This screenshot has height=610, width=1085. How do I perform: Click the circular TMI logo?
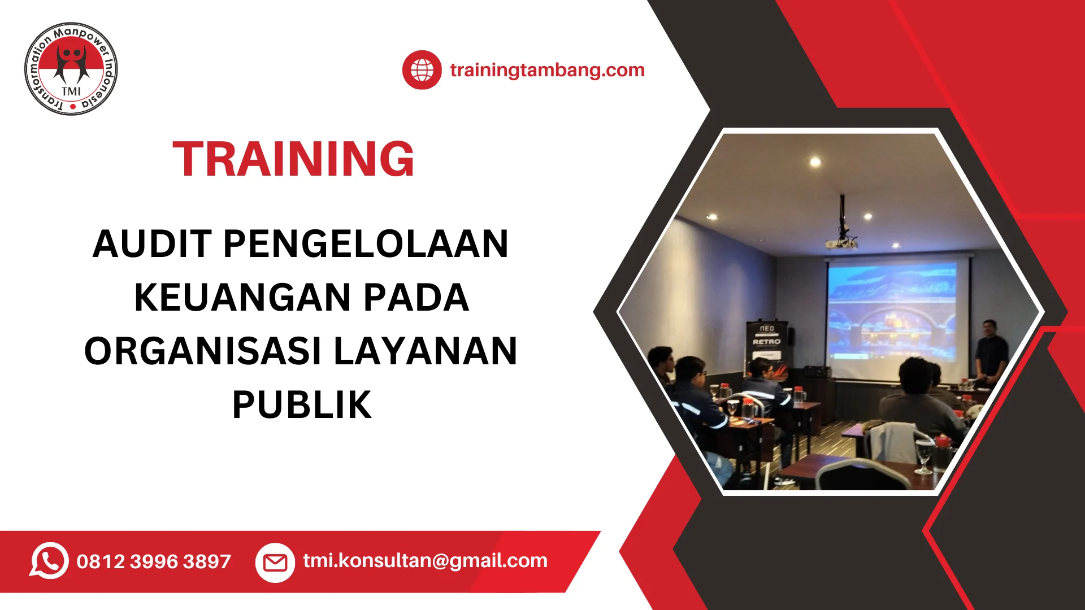coord(71,69)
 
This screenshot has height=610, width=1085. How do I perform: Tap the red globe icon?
coord(422,70)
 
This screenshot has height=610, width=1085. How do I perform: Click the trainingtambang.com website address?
coord(547,70)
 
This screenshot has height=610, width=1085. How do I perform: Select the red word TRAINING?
coord(293,159)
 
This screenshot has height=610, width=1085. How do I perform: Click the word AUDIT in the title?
coord(152,244)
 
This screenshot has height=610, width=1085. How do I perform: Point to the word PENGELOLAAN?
coord(366,244)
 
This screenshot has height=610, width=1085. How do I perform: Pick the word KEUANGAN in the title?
coord(242,298)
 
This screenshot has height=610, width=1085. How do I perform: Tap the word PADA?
coord(416,298)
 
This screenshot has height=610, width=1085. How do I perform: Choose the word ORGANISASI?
coord(203,351)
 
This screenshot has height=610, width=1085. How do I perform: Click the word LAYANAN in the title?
coord(426,351)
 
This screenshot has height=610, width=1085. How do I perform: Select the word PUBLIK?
coord(302,405)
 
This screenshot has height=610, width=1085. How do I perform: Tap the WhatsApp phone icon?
coord(49,561)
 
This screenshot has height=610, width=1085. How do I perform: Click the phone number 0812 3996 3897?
coord(154,561)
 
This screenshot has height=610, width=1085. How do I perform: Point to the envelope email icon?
coord(275,563)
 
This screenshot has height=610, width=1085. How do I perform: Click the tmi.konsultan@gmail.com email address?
coord(425,561)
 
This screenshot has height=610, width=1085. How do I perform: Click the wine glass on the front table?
coord(923,455)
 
